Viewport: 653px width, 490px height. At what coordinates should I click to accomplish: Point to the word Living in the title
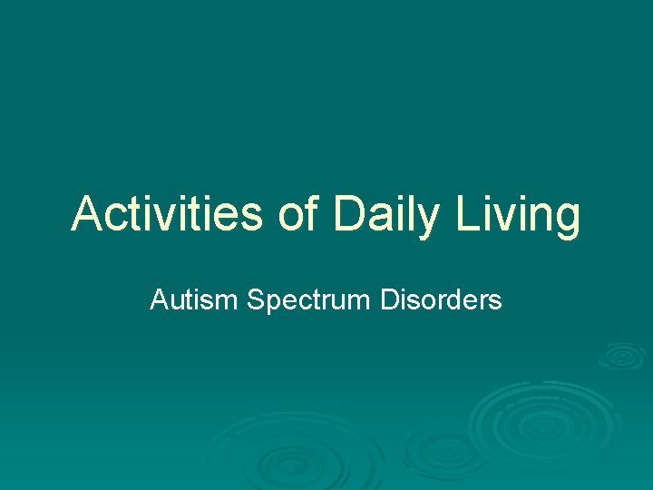click(x=518, y=215)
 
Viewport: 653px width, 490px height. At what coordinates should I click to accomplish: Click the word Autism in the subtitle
click(x=193, y=299)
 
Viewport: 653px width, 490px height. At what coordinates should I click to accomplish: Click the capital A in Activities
click(x=85, y=215)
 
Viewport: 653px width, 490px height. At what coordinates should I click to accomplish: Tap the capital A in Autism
click(x=159, y=299)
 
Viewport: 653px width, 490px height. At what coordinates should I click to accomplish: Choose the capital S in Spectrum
click(x=255, y=299)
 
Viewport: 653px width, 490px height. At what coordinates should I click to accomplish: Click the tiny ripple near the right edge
click(x=623, y=356)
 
